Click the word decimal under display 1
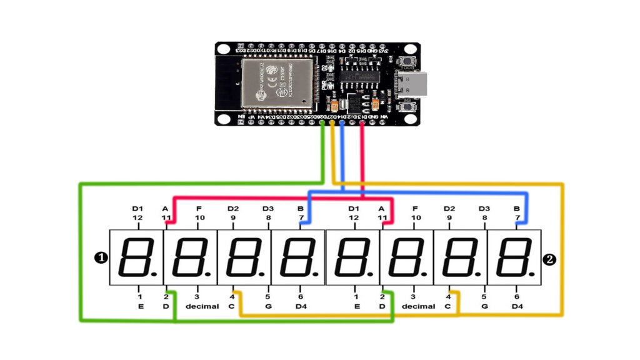[202, 307]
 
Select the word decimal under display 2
[418, 307]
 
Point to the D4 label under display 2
[517, 307]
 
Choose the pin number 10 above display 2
[416, 218]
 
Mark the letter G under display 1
[268, 307]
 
